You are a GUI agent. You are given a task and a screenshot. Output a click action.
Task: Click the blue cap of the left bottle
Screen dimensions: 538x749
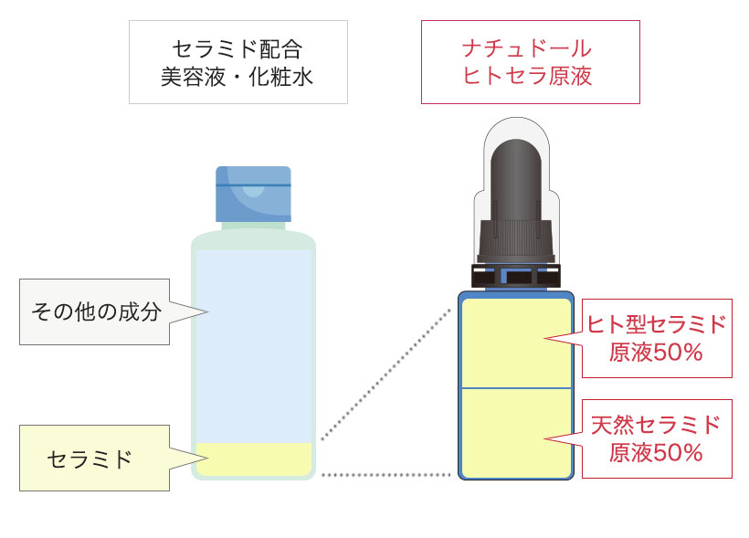point(253,193)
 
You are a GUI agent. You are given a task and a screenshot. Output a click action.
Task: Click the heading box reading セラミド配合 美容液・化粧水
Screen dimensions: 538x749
point(237,61)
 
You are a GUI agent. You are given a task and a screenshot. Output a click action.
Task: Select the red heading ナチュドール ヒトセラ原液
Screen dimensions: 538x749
point(529,61)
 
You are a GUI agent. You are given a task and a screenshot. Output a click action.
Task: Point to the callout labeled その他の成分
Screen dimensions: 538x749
point(96,311)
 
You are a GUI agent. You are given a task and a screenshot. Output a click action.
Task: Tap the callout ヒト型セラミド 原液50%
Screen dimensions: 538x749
point(656,337)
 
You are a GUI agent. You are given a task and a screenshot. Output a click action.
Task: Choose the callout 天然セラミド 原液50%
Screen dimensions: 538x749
point(656,438)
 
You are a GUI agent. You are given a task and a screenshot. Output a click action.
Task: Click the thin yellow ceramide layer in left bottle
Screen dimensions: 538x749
point(254,459)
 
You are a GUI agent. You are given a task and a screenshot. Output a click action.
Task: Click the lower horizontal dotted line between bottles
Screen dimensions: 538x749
point(388,475)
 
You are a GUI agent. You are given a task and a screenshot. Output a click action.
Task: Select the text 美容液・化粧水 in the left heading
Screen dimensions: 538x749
point(237,76)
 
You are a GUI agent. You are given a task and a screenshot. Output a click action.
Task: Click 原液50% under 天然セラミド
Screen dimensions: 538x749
point(656,452)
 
